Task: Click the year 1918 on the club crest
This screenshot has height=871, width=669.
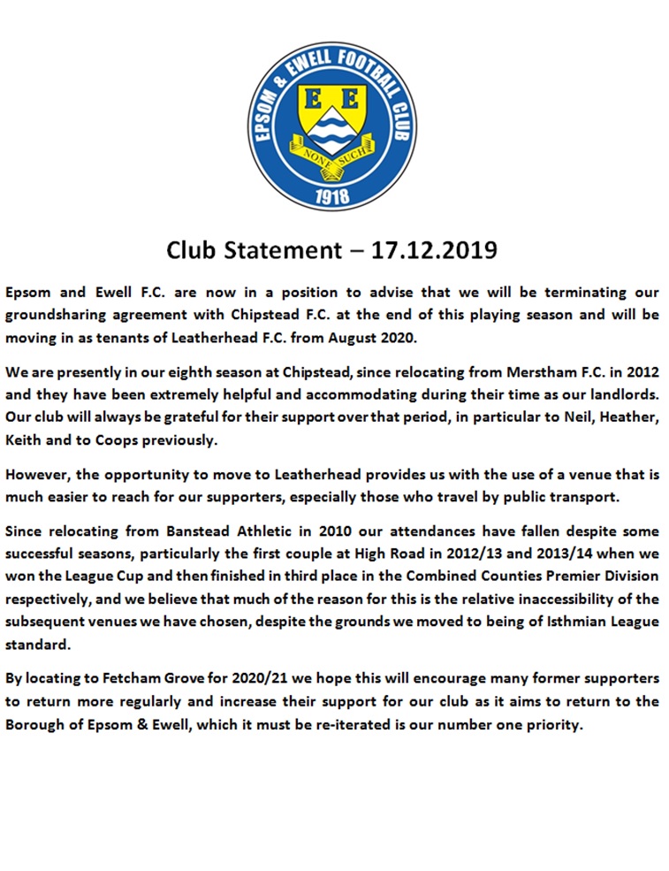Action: tap(331, 195)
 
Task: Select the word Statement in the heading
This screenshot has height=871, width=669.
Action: tap(280, 250)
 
